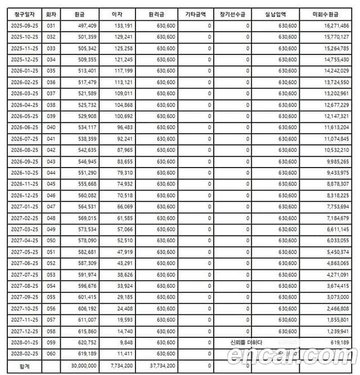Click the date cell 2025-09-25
[24, 26]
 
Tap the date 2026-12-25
[24, 197]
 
